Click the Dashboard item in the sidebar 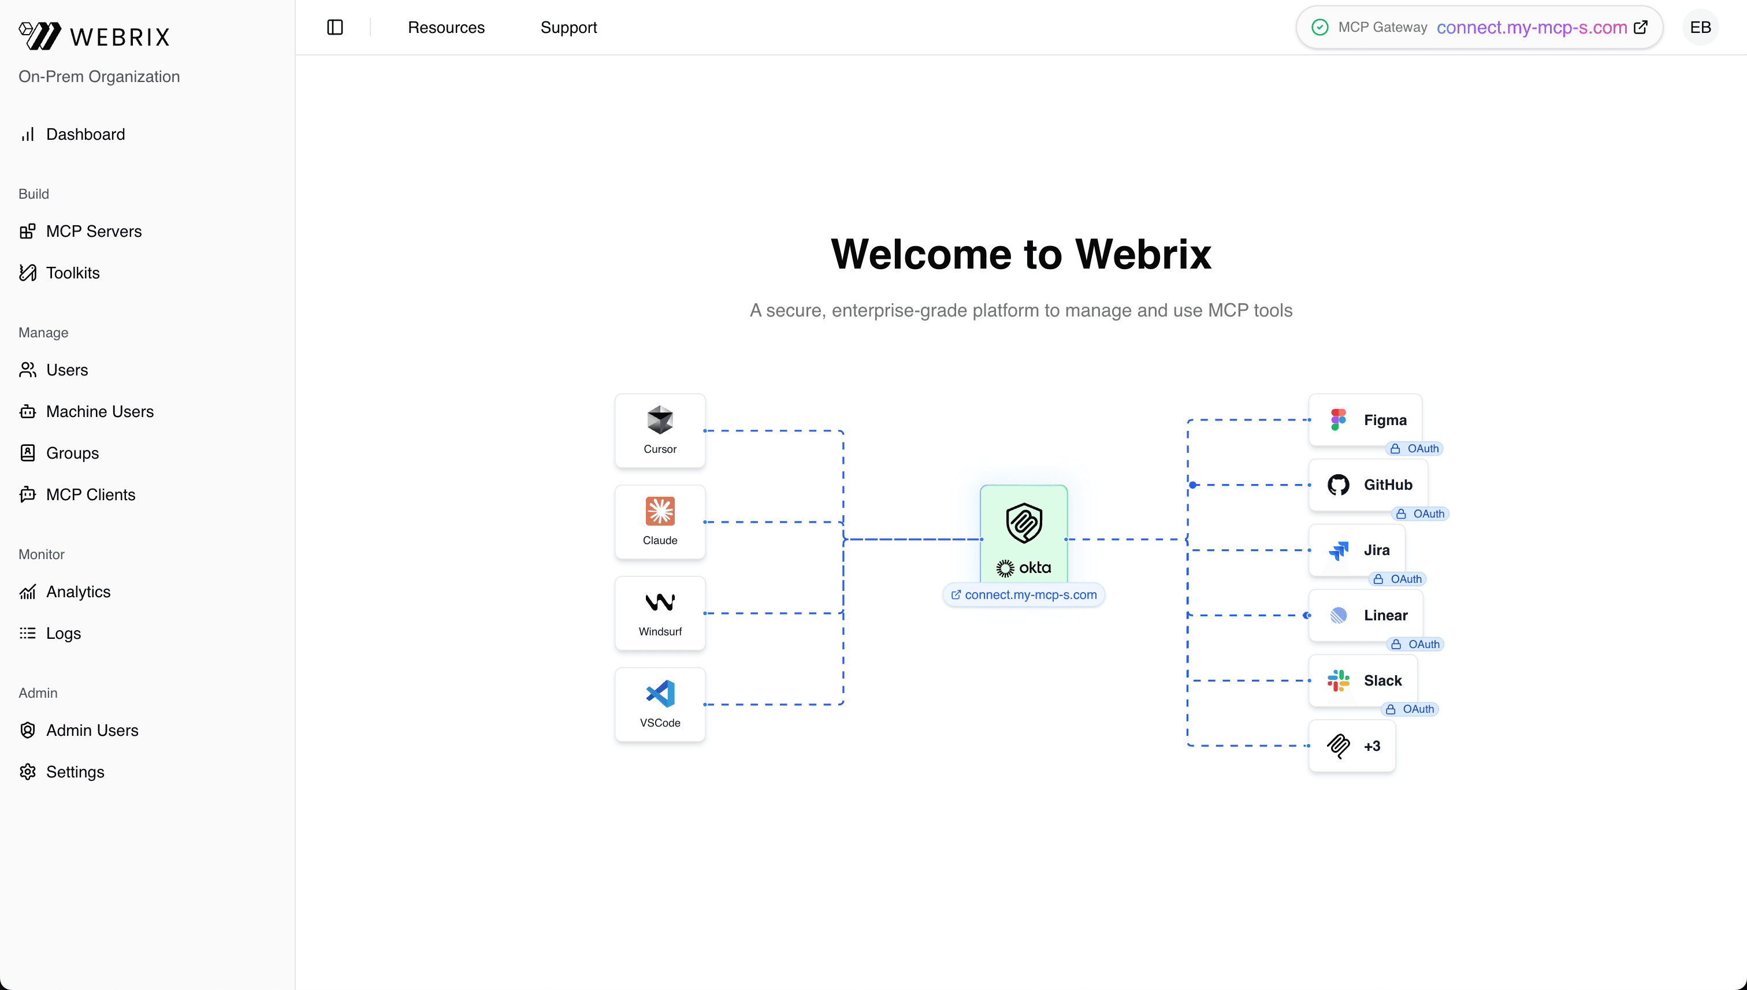tap(85, 135)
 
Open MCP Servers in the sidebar tap(93, 231)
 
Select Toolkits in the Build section tap(72, 273)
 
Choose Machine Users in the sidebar tap(99, 411)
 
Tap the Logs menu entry tap(62, 633)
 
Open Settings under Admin tap(75, 772)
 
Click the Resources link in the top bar tap(446, 27)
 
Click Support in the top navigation tap(568, 27)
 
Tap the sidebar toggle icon tap(334, 27)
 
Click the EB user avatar tap(1700, 27)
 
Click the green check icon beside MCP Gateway tap(1319, 27)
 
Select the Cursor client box tap(660, 430)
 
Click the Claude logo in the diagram tap(660, 511)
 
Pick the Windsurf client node tap(660, 613)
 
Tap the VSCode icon tap(660, 694)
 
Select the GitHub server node tap(1368, 485)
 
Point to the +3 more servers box tap(1352, 746)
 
